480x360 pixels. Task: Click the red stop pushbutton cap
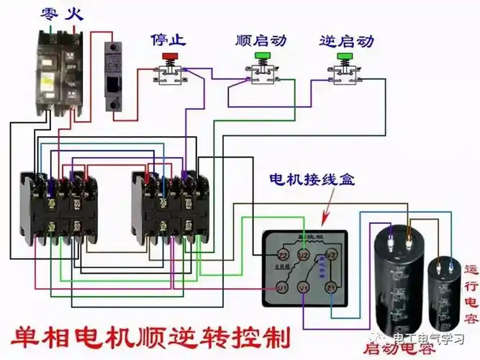coord(171,55)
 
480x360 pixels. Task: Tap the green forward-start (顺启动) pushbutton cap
coord(261,55)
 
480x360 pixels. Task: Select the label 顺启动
coord(259,39)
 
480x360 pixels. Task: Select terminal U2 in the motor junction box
coord(304,254)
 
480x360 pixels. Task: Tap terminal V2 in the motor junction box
coord(332,254)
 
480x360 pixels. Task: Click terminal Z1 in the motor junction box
coord(331,288)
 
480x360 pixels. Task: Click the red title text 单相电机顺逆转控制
coord(151,337)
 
